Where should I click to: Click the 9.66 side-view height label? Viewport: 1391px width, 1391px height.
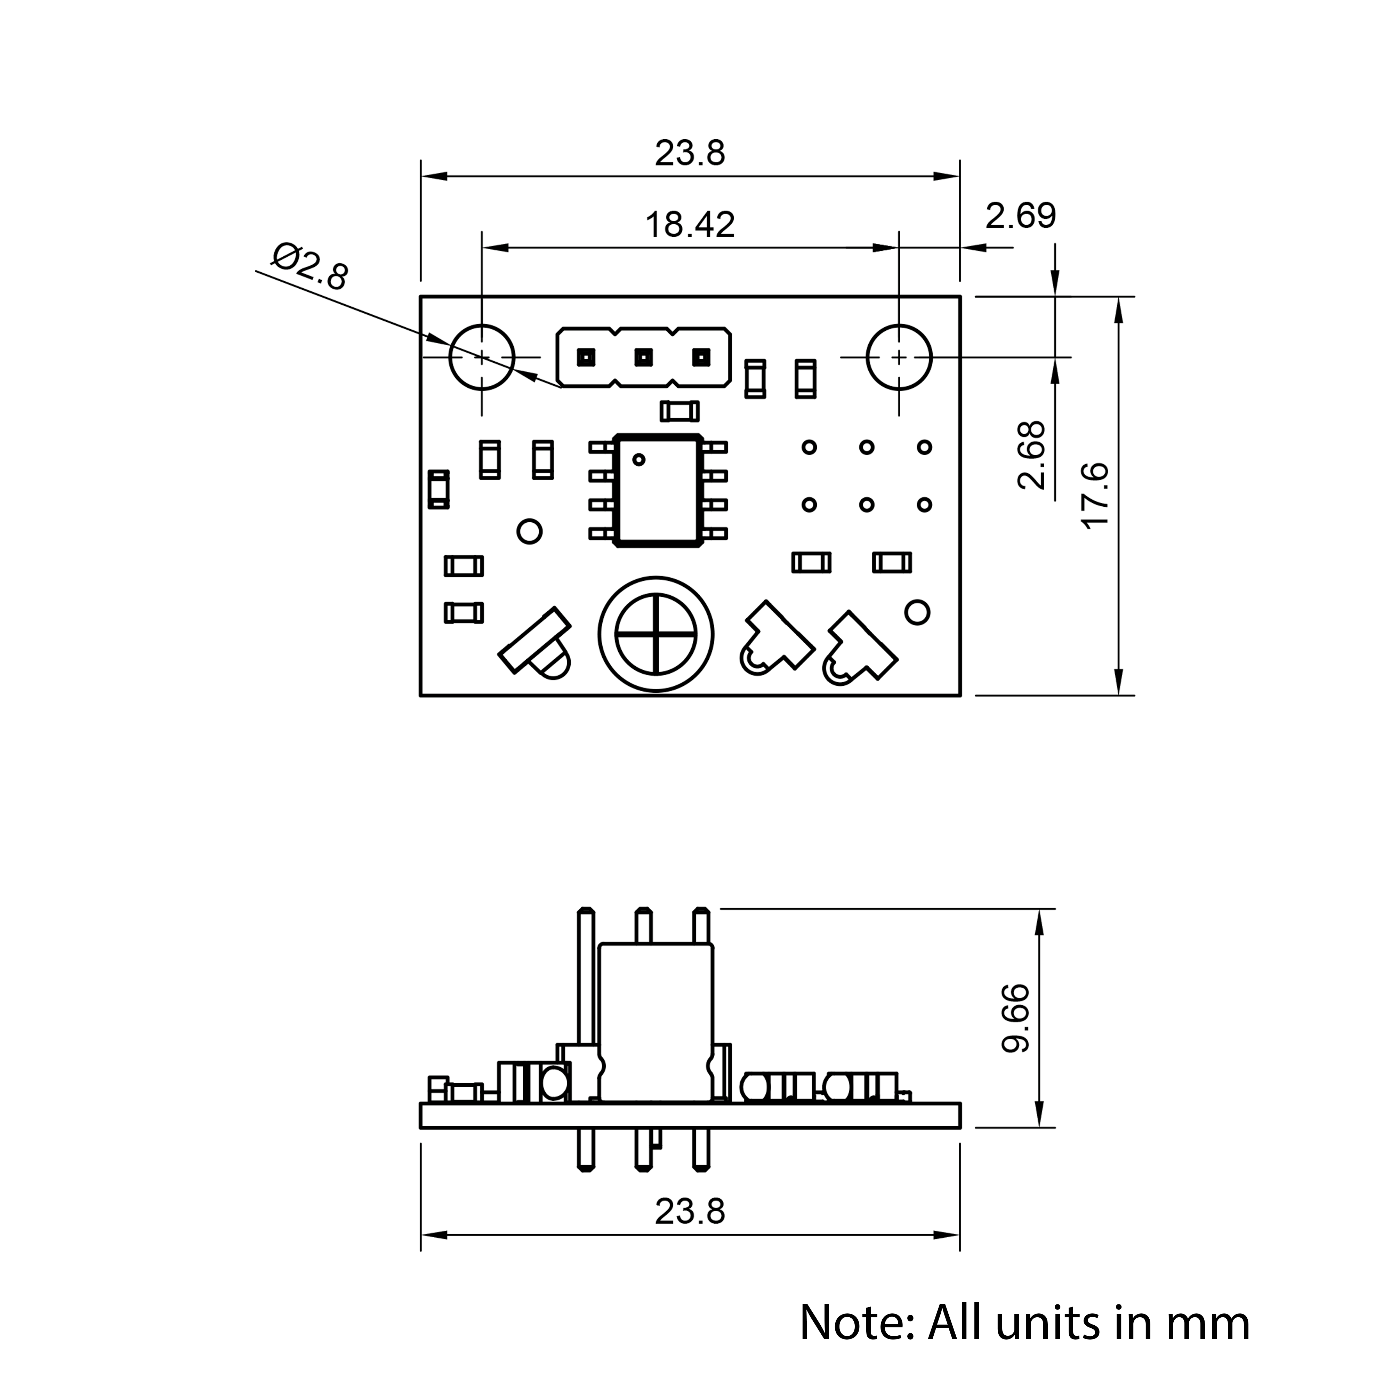click(x=1016, y=1019)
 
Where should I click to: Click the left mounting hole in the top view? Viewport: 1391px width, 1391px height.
click(x=482, y=357)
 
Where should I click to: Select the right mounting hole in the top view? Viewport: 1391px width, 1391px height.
click(x=899, y=357)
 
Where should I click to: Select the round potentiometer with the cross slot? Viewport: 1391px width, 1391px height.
click(x=656, y=634)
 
